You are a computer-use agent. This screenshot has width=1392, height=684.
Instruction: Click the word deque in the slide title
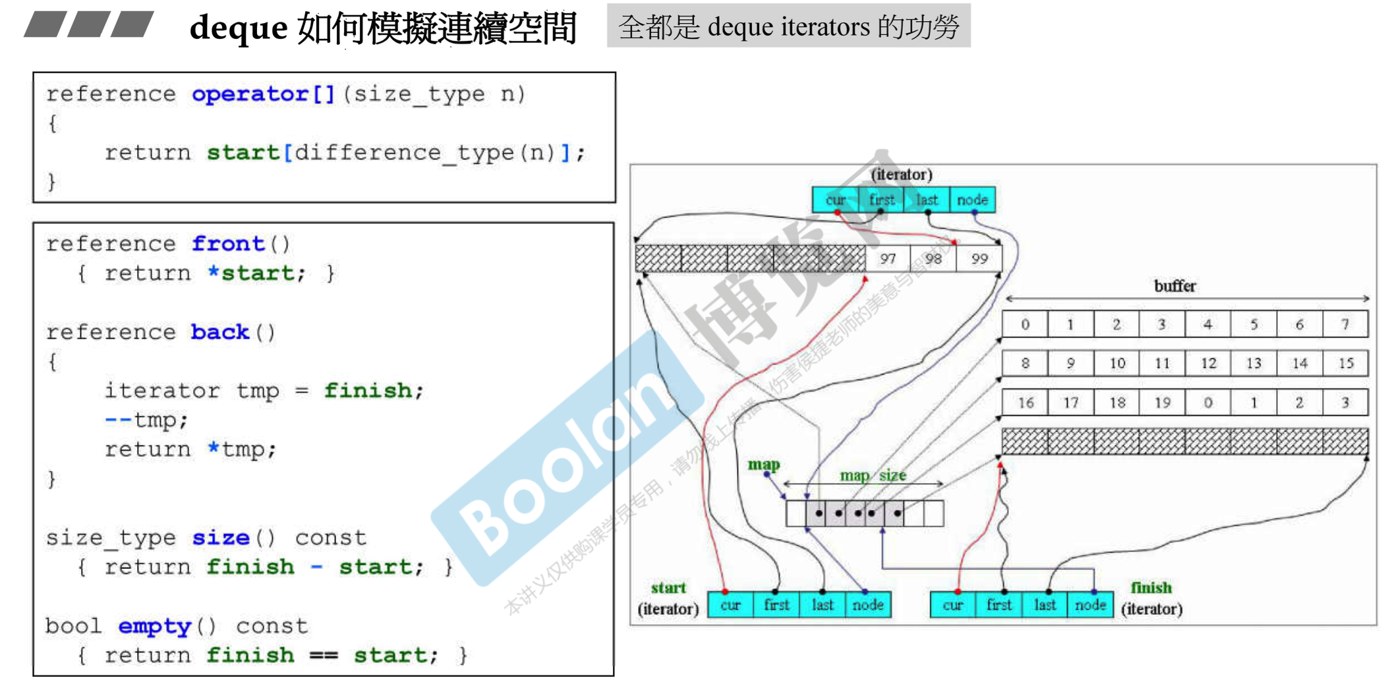point(239,28)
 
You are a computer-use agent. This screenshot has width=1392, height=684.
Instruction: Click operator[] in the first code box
point(264,94)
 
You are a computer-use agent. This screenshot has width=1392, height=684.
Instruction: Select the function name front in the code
point(228,244)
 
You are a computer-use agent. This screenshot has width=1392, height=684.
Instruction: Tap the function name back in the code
point(220,332)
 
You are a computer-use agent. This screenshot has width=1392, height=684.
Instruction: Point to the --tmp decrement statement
point(146,420)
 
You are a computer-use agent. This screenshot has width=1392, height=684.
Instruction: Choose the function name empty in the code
point(155,626)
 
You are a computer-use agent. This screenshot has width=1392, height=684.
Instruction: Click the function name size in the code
point(221,538)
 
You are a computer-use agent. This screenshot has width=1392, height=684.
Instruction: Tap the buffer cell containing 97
point(888,259)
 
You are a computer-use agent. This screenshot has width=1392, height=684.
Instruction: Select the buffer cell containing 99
point(979,259)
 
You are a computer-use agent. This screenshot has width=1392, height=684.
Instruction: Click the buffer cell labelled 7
point(1345,324)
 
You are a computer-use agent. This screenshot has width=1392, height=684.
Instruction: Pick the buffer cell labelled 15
point(1345,363)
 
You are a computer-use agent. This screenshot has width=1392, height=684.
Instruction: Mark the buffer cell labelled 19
point(1162,403)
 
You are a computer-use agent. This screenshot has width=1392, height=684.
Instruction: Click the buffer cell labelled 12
point(1208,363)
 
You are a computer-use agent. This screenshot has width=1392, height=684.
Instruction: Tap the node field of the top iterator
point(972,200)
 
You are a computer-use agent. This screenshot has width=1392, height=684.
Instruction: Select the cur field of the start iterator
point(730,605)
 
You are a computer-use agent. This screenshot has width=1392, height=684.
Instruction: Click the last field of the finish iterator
point(1045,605)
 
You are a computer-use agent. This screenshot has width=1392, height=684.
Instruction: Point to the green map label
point(763,465)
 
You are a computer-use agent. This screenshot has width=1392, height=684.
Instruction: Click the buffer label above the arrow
point(1174,286)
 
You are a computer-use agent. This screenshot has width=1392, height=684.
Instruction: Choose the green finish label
point(1151,587)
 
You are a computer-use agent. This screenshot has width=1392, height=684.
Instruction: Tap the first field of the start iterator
point(776,605)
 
